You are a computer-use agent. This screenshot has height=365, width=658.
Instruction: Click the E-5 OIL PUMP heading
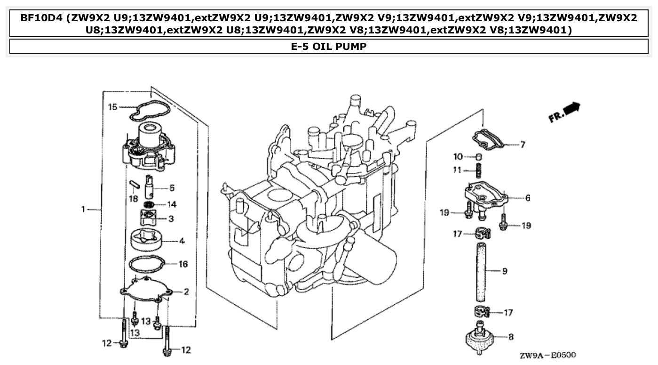coord(329,46)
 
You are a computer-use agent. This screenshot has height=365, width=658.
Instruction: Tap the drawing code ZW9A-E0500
coord(547,355)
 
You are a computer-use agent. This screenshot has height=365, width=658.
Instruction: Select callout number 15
coord(112,107)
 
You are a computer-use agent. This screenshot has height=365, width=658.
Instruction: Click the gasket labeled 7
coord(489,138)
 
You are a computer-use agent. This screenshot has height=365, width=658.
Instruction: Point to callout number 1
coord(83,209)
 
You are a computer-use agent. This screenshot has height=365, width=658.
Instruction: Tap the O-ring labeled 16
coord(148,265)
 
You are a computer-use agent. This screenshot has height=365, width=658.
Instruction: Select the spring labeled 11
coord(479,171)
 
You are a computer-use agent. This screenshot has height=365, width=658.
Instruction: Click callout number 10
coord(458,156)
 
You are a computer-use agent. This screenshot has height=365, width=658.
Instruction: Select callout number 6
coord(528,198)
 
